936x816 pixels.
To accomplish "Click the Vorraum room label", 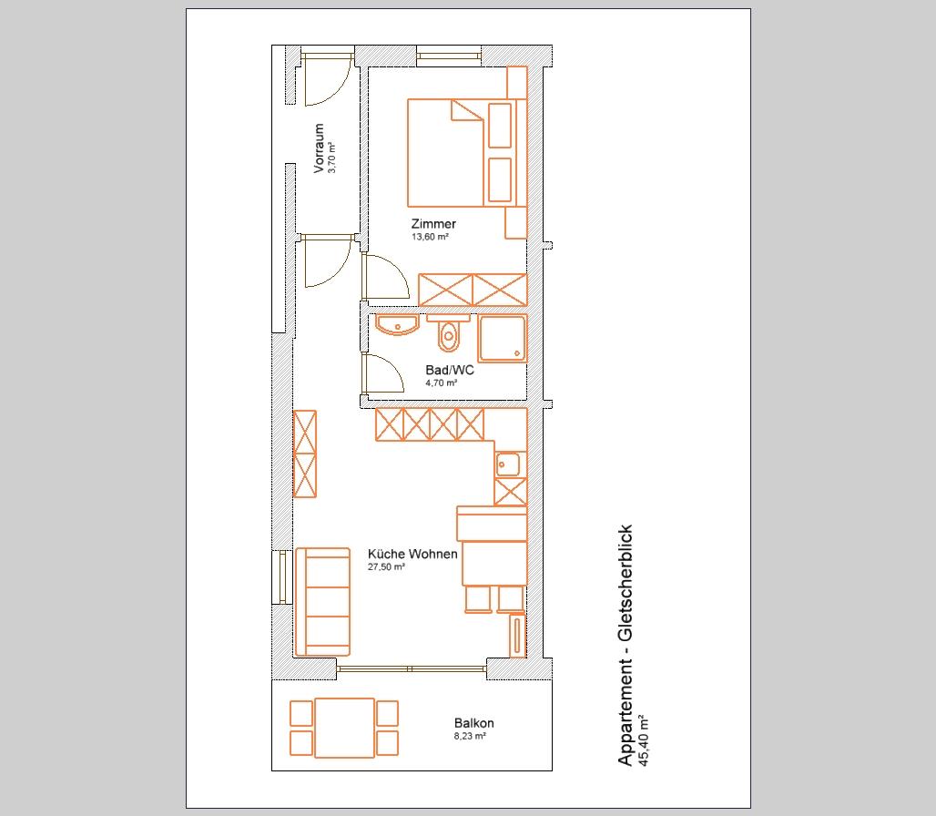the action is (x=319, y=148).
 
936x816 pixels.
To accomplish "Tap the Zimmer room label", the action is (x=433, y=224).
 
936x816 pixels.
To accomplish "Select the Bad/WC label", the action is (x=450, y=370).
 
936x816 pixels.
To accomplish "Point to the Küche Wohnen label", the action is (x=412, y=554).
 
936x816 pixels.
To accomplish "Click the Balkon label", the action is (x=474, y=723).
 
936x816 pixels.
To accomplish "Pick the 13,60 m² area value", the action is (x=430, y=237).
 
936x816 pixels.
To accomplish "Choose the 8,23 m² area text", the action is (x=470, y=736).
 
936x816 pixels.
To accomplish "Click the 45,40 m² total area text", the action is (x=643, y=740).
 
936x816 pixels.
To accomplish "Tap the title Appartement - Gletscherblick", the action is (x=625, y=646).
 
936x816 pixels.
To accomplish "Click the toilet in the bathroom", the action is (x=448, y=335).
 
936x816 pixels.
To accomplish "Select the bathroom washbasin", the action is (x=397, y=325).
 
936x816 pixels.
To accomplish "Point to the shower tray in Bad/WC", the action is (x=503, y=339).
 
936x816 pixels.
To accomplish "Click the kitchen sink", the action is (x=508, y=464).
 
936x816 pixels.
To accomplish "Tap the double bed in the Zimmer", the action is (x=445, y=153).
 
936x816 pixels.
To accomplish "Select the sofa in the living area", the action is (x=322, y=602).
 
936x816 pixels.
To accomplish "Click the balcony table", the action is (x=344, y=728).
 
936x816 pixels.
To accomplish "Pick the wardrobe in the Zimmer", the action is (x=473, y=290).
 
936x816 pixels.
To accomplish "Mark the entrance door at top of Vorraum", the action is (x=326, y=80).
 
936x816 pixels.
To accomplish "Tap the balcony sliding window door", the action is (x=412, y=669).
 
